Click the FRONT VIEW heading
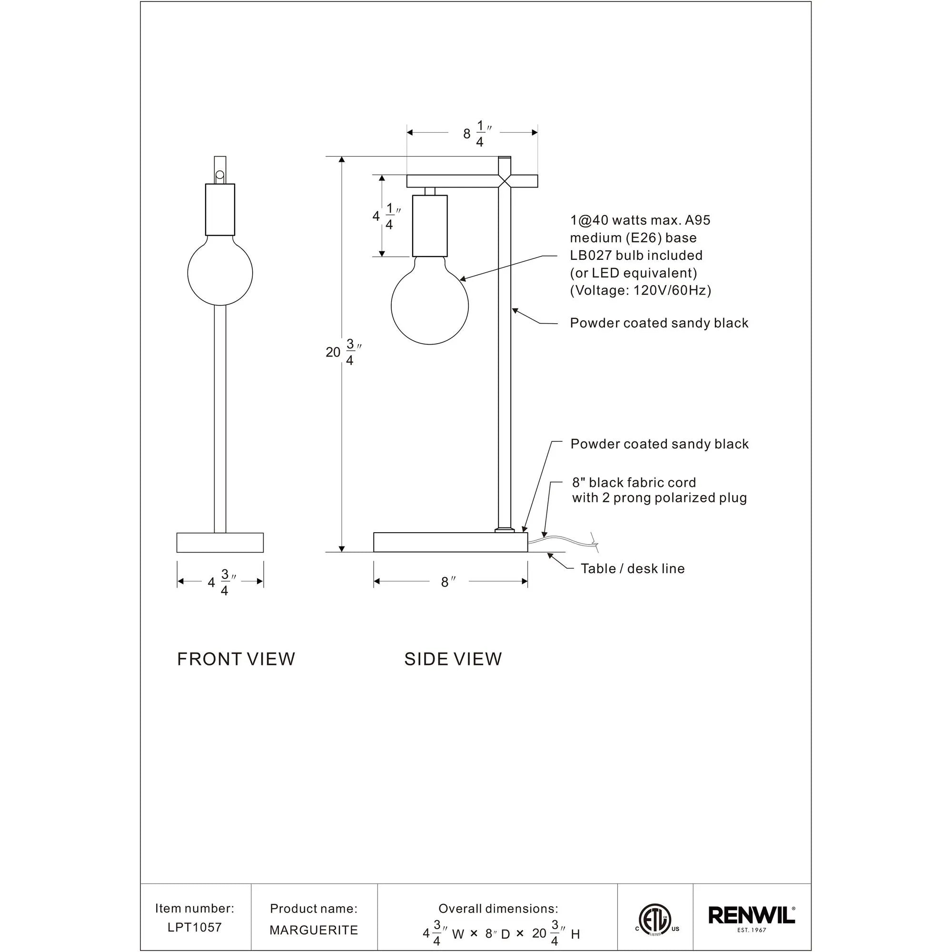[x=236, y=659]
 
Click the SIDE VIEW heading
[x=452, y=659]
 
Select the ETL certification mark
[x=655, y=919]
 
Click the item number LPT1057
[x=195, y=927]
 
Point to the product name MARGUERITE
[x=313, y=930]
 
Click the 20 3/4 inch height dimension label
[x=343, y=352]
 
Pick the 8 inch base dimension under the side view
[x=448, y=582]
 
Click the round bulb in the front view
[x=220, y=272]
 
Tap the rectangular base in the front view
[x=220, y=542]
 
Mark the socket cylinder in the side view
[x=430, y=226]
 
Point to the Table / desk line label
[x=632, y=568]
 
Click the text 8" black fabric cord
[x=634, y=482]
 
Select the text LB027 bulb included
[x=635, y=255]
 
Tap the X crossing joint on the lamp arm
[x=505, y=181]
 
